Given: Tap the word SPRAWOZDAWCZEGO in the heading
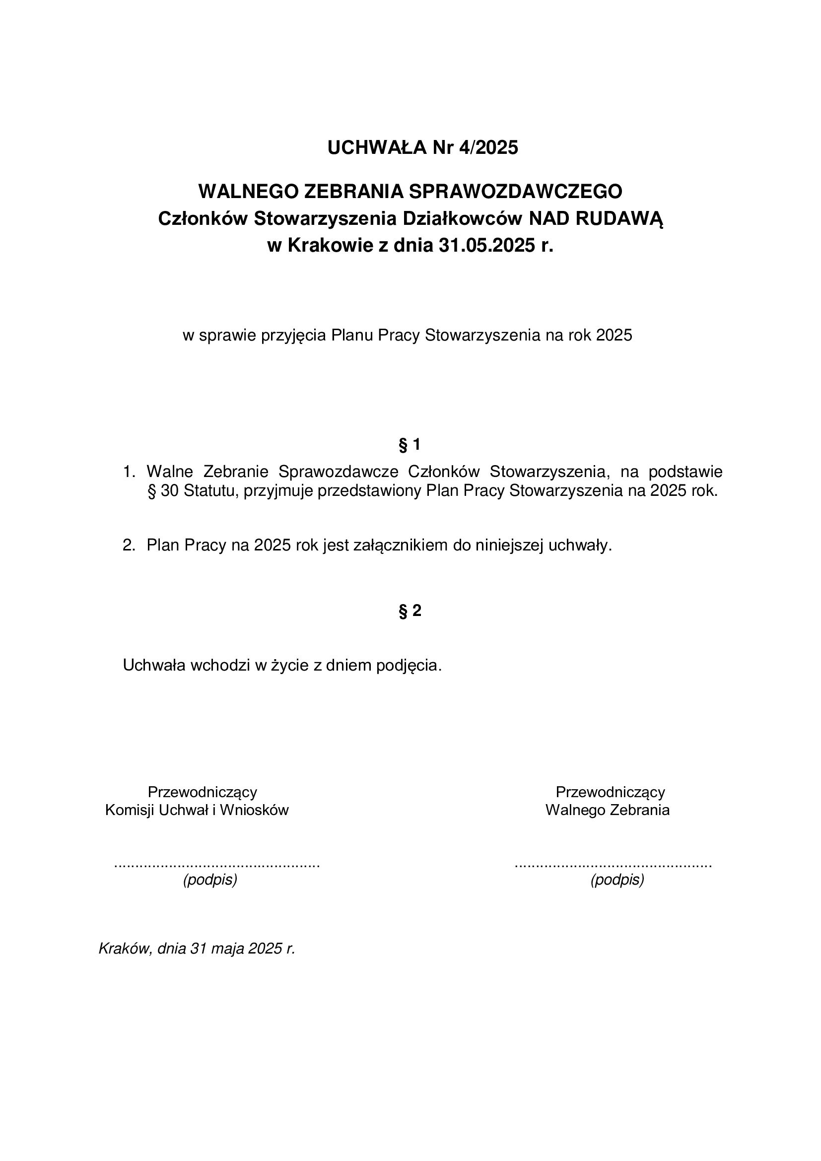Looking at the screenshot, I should (516, 191).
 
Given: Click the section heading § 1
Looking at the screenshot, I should (410, 445).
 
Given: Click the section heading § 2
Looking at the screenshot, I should (410, 611).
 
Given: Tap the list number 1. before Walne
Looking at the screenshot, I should (129, 472).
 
